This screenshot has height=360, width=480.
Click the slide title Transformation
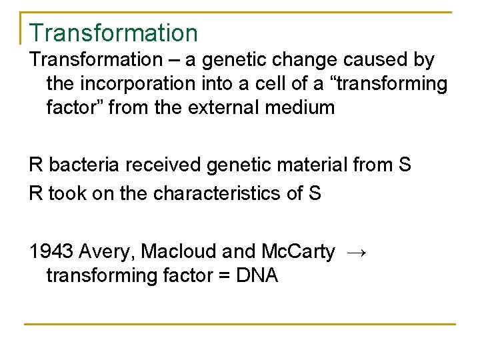click(x=113, y=33)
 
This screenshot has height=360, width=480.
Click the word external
click(x=229, y=106)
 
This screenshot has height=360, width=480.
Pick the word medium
click(x=301, y=106)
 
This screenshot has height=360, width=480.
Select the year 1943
click(x=51, y=251)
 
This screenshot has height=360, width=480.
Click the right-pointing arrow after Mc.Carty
click(x=357, y=251)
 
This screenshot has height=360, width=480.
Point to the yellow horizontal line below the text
click(x=240, y=325)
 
